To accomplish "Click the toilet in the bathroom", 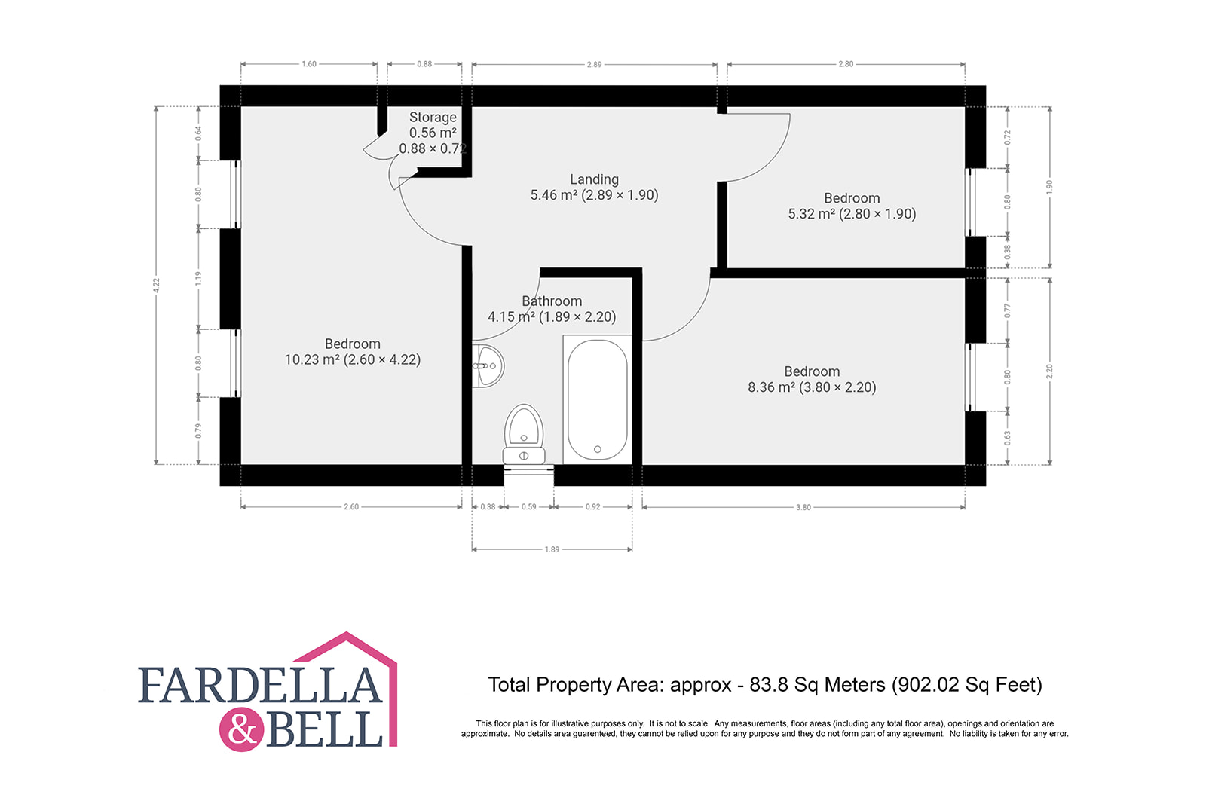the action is tap(524, 435).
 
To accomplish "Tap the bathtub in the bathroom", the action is tap(597, 399).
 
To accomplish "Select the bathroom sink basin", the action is tap(488, 366).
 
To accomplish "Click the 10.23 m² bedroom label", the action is tap(353, 351).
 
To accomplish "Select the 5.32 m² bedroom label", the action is tap(852, 206).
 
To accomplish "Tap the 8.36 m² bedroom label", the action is tap(812, 379).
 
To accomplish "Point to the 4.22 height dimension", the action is tap(156, 286).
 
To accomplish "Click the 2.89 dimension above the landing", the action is tap(594, 65).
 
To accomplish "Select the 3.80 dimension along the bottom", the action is tap(803, 507).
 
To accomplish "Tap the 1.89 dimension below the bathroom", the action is tap(552, 549).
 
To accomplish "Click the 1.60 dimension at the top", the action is tap(309, 64).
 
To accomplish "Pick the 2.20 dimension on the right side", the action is tap(1049, 371).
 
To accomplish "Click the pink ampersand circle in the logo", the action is tap(242, 730).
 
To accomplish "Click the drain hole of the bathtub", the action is tap(598, 449).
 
